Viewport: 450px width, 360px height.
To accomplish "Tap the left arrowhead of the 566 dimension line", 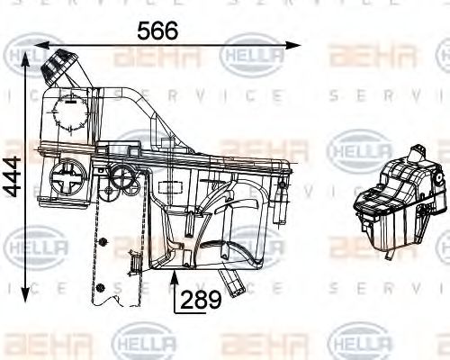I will [38, 44].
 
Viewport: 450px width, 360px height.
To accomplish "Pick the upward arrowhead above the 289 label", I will [174, 275].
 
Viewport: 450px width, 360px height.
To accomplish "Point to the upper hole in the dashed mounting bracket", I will [105, 243].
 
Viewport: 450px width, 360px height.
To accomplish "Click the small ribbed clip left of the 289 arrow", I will [135, 261].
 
